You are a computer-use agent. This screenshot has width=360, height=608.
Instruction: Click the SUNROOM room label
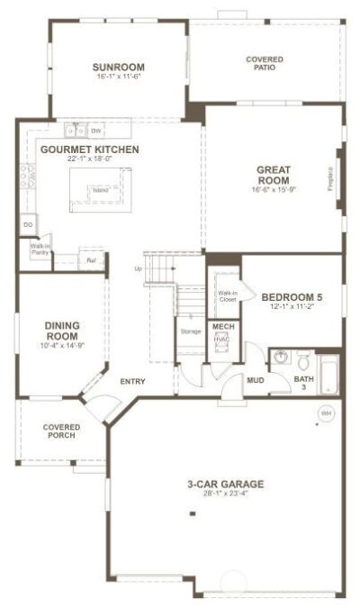coord(119,68)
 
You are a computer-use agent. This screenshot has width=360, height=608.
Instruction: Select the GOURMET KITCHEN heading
coord(90,150)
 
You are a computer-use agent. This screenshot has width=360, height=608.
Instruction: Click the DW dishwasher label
coord(94,131)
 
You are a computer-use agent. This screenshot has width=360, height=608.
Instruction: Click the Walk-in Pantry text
coord(40,250)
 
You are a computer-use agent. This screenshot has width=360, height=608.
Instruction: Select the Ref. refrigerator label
coord(91,261)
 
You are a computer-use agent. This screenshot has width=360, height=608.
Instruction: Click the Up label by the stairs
coord(138,268)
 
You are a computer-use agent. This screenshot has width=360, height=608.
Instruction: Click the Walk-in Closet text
coord(227,295)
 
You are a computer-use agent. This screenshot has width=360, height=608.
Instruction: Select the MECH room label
coord(222,326)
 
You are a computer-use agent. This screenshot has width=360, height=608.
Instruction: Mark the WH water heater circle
coord(324,413)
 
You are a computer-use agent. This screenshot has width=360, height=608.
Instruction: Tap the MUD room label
coord(256,379)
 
